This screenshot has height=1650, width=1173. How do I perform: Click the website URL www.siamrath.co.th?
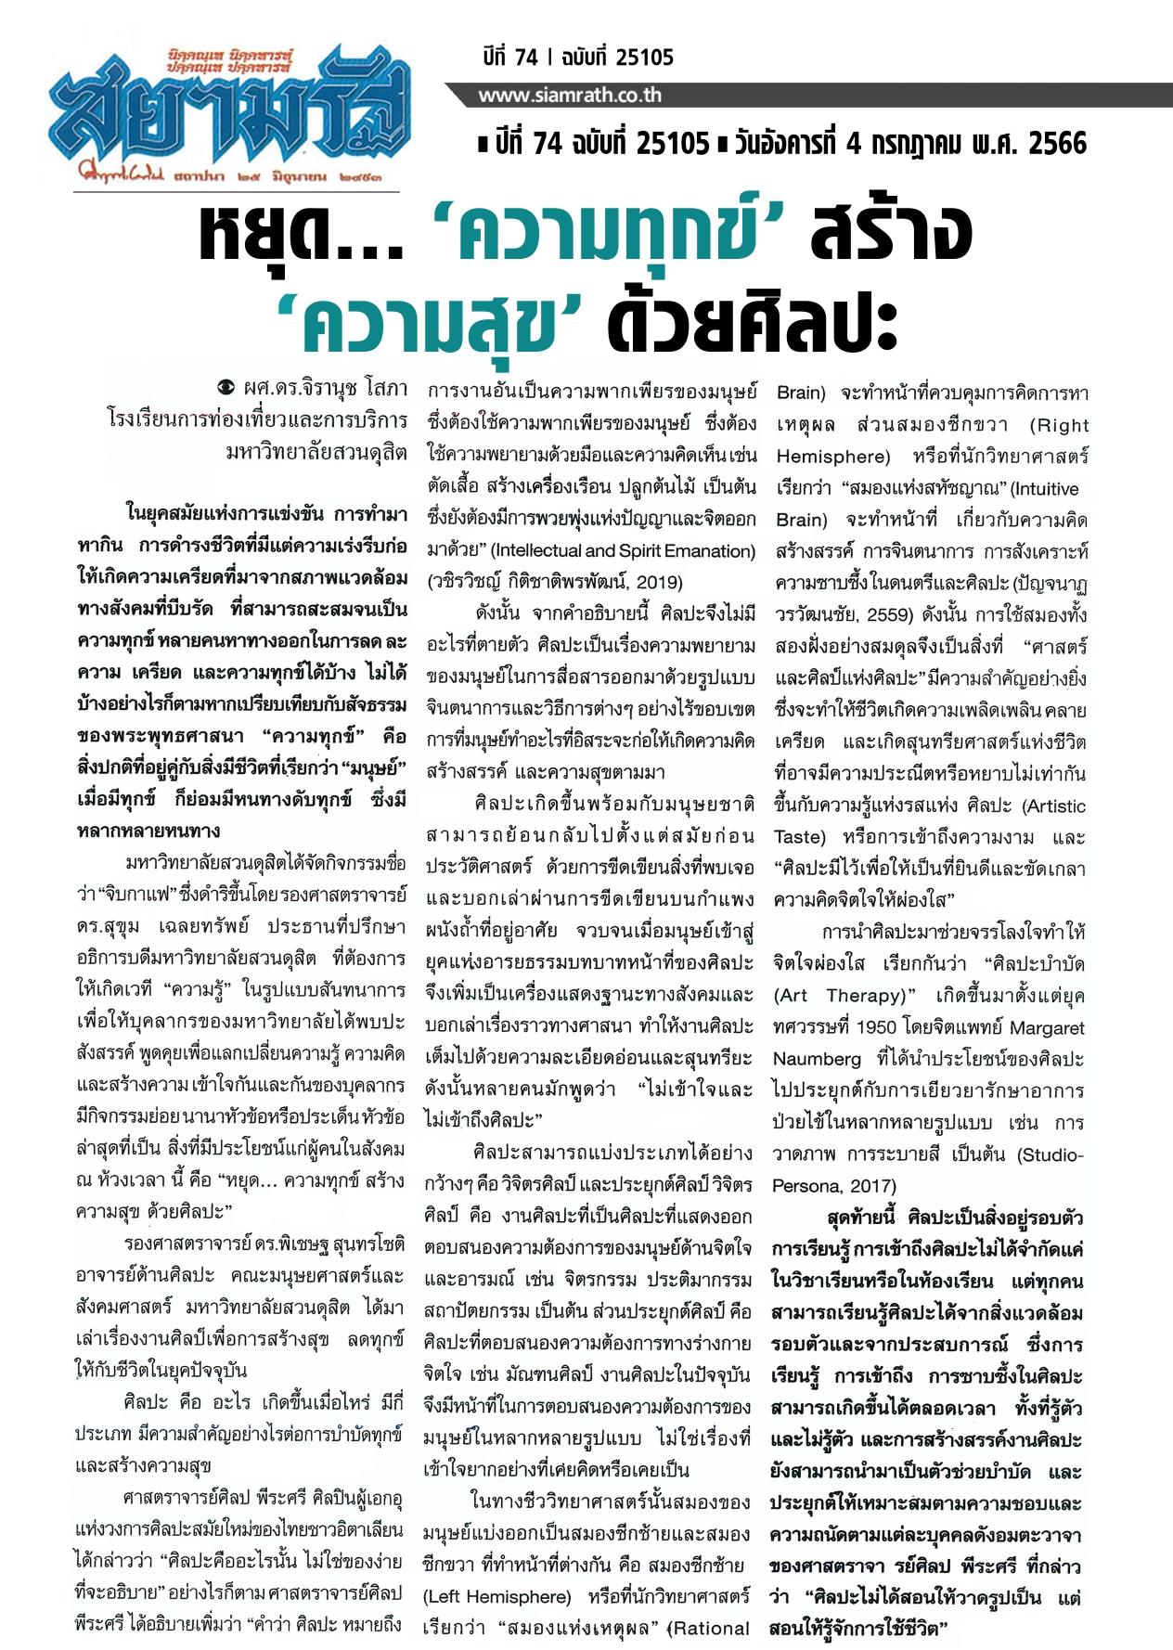click(569, 96)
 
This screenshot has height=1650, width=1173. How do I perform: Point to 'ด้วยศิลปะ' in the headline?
click(752, 323)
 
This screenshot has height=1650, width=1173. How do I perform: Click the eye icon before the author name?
click(225, 387)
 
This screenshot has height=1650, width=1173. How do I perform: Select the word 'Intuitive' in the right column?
click(1045, 489)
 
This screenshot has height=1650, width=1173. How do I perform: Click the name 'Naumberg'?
click(818, 1060)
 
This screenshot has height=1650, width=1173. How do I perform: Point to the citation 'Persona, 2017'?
click(834, 1187)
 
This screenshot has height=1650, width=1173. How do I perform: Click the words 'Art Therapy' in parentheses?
click(842, 996)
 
